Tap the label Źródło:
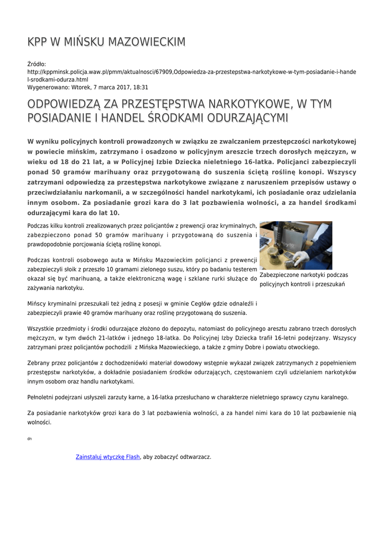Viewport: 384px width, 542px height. point(37,64)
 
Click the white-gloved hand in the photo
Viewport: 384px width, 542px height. point(301,259)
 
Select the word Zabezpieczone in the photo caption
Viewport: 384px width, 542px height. point(280,275)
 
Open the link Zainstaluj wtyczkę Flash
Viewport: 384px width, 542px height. point(108,456)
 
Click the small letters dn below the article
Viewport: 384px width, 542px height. point(29,439)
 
